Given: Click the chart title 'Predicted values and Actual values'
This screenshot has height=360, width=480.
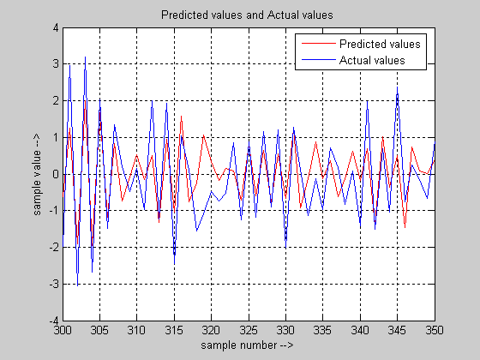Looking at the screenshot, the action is (247, 15).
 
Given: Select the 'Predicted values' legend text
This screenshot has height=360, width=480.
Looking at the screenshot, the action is (380, 44).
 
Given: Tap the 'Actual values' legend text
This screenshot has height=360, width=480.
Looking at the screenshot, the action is (372, 60).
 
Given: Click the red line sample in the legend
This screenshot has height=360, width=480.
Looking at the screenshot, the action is (319, 44).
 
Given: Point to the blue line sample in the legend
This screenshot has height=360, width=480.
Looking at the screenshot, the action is (319, 60).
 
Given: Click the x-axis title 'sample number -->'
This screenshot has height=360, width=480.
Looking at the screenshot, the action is (247, 345).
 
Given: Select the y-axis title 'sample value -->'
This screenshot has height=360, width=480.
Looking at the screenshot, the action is (37, 175).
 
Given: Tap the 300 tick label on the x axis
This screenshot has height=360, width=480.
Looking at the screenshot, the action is (63, 330).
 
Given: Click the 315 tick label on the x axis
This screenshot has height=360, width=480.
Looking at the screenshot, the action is (174, 330).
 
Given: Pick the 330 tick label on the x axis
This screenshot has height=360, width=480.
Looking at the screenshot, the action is (285, 330).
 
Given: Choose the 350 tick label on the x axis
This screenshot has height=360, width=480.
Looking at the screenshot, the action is (435, 330).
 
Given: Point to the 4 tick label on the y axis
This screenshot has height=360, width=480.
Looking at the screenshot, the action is (56, 27).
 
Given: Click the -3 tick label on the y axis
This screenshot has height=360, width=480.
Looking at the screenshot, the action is (54, 284).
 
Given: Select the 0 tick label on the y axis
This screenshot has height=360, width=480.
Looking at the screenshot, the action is (56, 174).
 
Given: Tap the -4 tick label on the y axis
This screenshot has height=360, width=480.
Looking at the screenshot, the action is (54, 321).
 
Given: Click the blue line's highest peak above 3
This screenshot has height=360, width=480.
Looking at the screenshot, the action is (85, 57).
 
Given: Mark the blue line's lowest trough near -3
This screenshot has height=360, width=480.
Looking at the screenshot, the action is (77, 285).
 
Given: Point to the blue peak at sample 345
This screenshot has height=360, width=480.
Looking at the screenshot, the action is (398, 87).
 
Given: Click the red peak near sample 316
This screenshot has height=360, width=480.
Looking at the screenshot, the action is (181, 117).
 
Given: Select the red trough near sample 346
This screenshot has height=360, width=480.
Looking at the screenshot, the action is (405, 227).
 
